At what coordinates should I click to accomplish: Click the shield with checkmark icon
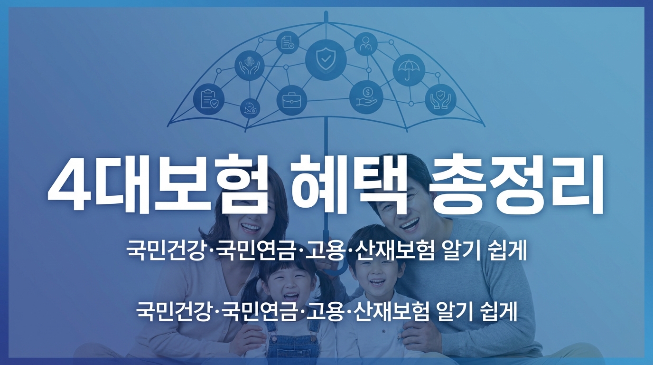coord(326,60)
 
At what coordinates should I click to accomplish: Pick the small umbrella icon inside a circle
coord(409,70)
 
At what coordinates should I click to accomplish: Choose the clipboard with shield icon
coord(209,99)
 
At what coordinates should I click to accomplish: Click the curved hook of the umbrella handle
coord(335,269)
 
